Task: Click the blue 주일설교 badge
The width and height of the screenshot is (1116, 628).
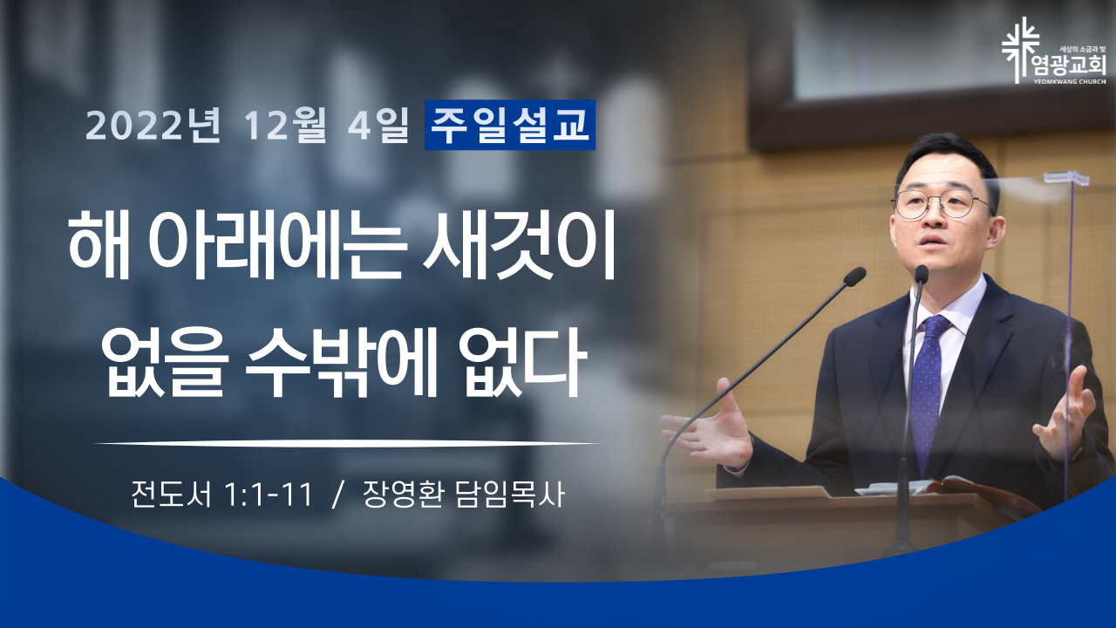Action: coord(510,125)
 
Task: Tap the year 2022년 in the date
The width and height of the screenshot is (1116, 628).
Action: coord(153,125)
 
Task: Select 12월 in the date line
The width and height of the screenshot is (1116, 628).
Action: coord(285,125)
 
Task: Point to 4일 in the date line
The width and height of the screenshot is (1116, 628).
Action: coord(378,125)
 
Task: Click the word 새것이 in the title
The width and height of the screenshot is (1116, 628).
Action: coord(519,245)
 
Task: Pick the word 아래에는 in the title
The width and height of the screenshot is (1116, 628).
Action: coord(276,245)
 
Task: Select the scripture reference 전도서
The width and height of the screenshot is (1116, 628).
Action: coord(171,495)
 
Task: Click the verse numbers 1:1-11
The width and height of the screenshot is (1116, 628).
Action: coord(269,495)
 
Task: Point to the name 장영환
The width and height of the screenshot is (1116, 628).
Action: coord(404,495)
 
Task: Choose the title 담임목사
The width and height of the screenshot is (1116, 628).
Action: coord(510,495)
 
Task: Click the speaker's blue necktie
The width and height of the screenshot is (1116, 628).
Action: coord(928,389)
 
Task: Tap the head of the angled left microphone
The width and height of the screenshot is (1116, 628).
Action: coord(854,276)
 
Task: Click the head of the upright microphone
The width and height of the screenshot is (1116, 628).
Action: coord(922,275)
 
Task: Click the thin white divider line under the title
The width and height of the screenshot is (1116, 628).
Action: coord(347,442)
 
